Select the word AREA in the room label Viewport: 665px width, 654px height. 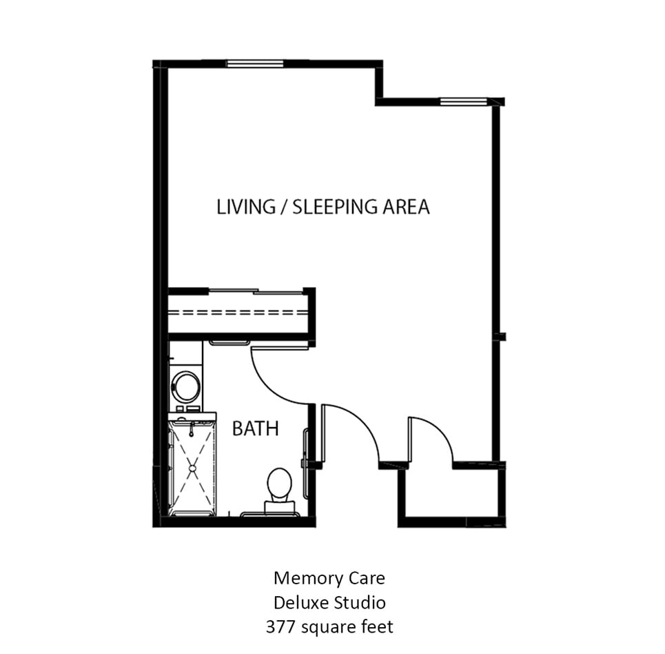407,207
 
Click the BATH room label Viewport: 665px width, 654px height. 255,428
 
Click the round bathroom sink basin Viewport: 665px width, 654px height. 186,386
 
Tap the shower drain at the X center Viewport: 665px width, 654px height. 192,468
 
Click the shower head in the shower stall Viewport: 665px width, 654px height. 192,430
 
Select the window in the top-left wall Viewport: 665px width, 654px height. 255,63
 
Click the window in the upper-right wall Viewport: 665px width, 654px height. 464,101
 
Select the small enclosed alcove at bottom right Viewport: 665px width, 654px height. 451,493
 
